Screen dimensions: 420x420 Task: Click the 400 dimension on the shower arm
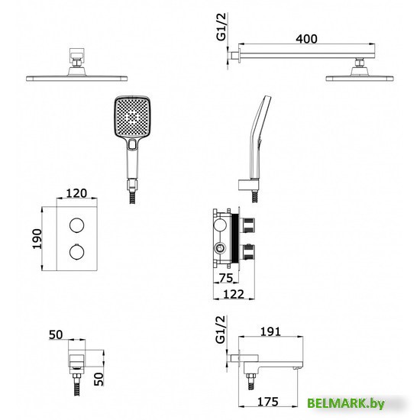[306, 39]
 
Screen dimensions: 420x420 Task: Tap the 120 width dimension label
[76, 193]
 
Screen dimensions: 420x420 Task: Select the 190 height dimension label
[37, 239]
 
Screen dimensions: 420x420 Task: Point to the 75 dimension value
[226, 278]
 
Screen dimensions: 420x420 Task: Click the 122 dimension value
[234, 294]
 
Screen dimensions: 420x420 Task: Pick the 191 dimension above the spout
[270, 331]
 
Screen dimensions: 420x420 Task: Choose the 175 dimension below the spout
[268, 402]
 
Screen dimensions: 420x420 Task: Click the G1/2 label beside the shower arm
[221, 27]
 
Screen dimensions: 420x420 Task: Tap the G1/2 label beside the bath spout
[221, 329]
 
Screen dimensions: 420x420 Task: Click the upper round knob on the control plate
[77, 225]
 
